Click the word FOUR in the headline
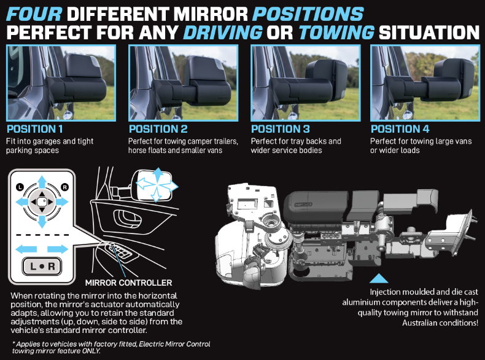tap(34, 14)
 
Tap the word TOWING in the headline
tap(336, 33)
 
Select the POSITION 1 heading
tap(34, 129)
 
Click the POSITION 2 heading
tap(158, 129)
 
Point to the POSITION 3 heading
tap(280, 129)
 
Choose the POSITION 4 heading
tap(400, 129)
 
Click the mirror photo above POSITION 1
tap(61, 83)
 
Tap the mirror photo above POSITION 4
tap(425, 83)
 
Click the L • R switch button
tap(42, 266)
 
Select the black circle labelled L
tap(20, 187)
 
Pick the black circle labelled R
tap(64, 187)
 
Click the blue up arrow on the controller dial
tap(42, 182)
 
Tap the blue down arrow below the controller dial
tap(42, 222)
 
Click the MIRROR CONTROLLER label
tap(129, 283)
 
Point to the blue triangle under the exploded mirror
tap(379, 278)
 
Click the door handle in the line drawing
tap(128, 219)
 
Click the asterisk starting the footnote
tap(14, 343)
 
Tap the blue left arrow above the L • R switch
tap(26, 249)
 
